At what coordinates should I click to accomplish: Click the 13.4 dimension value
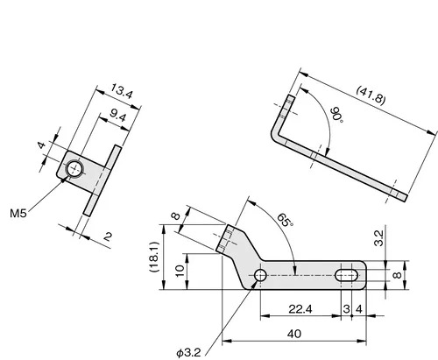122,91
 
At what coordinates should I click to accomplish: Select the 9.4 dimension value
117,116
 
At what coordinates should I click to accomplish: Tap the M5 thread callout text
18,214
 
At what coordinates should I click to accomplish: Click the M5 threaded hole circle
74,168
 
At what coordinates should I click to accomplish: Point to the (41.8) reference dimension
371,95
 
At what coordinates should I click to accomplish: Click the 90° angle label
337,116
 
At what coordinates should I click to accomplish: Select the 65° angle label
285,220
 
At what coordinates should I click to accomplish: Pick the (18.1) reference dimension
154,257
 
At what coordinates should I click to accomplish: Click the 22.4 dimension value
300,309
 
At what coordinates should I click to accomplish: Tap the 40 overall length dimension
294,334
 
